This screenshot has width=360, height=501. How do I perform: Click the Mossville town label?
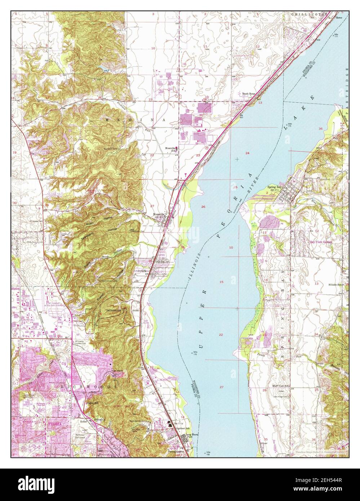pyautogui.click(x=159, y=214)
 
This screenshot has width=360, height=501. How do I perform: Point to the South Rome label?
pyautogui.click(x=249, y=94)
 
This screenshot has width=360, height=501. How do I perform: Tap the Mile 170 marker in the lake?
pyautogui.click(x=196, y=351)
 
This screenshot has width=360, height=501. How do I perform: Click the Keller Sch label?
pyautogui.click(x=92, y=403)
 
